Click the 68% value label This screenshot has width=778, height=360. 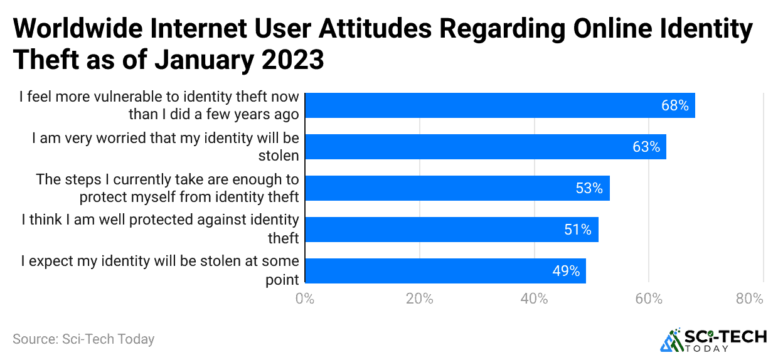click(x=674, y=105)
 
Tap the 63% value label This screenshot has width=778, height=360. click(x=646, y=147)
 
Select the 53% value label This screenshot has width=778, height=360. click(x=589, y=188)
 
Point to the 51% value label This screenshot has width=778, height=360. click(x=578, y=230)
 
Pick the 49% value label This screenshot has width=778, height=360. click(x=565, y=271)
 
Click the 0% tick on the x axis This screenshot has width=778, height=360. click(x=305, y=299)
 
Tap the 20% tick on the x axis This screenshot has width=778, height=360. click(x=419, y=299)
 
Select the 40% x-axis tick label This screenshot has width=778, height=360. click(x=534, y=299)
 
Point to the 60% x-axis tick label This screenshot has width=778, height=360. click(x=648, y=299)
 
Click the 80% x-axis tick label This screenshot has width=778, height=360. click(x=750, y=299)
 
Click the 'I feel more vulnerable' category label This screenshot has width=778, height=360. click(x=159, y=105)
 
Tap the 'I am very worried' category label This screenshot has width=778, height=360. click(x=166, y=147)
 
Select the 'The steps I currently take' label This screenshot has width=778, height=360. click(x=168, y=188)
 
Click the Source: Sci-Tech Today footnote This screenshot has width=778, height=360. click(x=83, y=339)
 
